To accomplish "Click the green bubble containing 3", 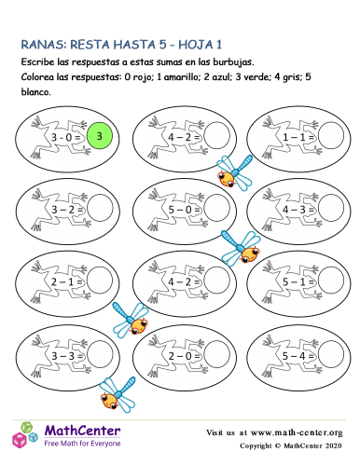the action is point(99,136).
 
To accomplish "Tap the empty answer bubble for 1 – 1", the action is point(331,136).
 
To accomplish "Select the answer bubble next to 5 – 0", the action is point(217,209).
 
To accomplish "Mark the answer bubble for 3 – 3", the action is point(100,355).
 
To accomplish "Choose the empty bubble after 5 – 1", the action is point(331,281).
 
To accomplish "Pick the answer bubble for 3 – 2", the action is point(100,209).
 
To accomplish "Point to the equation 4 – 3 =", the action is point(298,210).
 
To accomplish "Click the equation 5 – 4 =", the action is point(298,356).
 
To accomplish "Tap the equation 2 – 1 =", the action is point(66,282).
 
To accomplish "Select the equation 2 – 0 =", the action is point(184,356).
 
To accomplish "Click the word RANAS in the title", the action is point(44,45).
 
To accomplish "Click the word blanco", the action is point(35,92).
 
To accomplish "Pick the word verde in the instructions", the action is point(257,77).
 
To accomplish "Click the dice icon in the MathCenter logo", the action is point(25,434).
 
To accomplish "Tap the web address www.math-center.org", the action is point(297,432).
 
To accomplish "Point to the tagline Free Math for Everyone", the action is point(82,444).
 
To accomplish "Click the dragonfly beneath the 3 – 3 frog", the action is point(118,394).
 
